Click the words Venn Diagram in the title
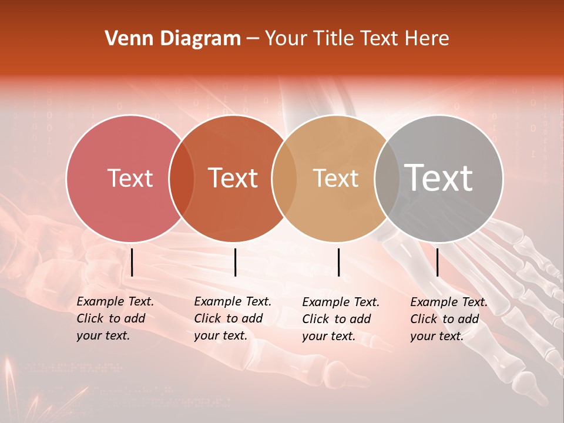tap(172, 39)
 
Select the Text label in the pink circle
tap(130, 178)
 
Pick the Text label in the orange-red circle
tap(233, 178)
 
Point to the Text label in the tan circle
tap(335, 178)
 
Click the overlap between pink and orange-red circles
tap(182, 179)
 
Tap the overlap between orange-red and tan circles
tap(284, 179)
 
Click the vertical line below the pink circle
tap(132, 262)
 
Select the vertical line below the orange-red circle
tap(235, 262)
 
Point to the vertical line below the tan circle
tap(338, 262)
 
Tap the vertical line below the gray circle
tap(437, 262)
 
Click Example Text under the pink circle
tap(115, 301)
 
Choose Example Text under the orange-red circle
tap(233, 301)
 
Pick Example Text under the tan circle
tap(341, 302)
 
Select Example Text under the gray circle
tap(449, 302)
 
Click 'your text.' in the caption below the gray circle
tap(437, 336)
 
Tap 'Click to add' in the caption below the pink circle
tap(110, 318)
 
